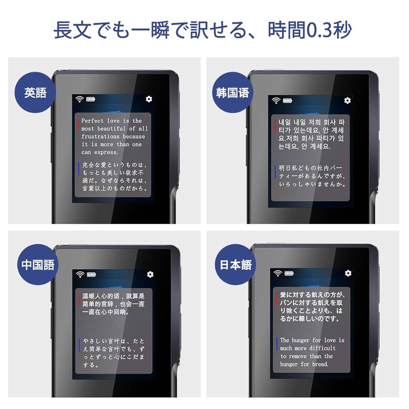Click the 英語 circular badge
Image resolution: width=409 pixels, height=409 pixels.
[35, 93]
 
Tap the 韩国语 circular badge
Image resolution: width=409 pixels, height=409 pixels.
[233, 93]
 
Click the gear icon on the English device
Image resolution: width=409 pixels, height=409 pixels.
[149, 99]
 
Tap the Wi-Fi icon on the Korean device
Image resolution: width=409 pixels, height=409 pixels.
[276, 100]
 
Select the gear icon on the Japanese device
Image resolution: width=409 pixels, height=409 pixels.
[348, 273]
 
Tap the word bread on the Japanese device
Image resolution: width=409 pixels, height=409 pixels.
[320, 364]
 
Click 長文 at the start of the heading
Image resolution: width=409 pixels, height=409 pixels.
[69, 30]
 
